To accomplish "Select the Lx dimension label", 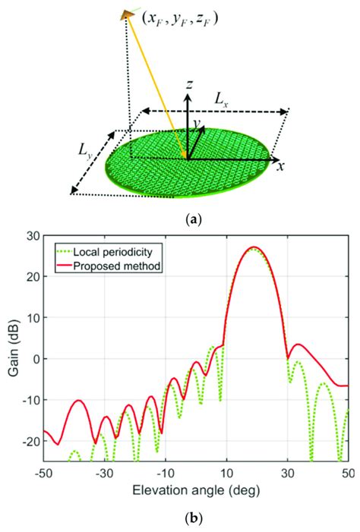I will (221, 99).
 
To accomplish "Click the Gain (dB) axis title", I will (14, 357).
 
